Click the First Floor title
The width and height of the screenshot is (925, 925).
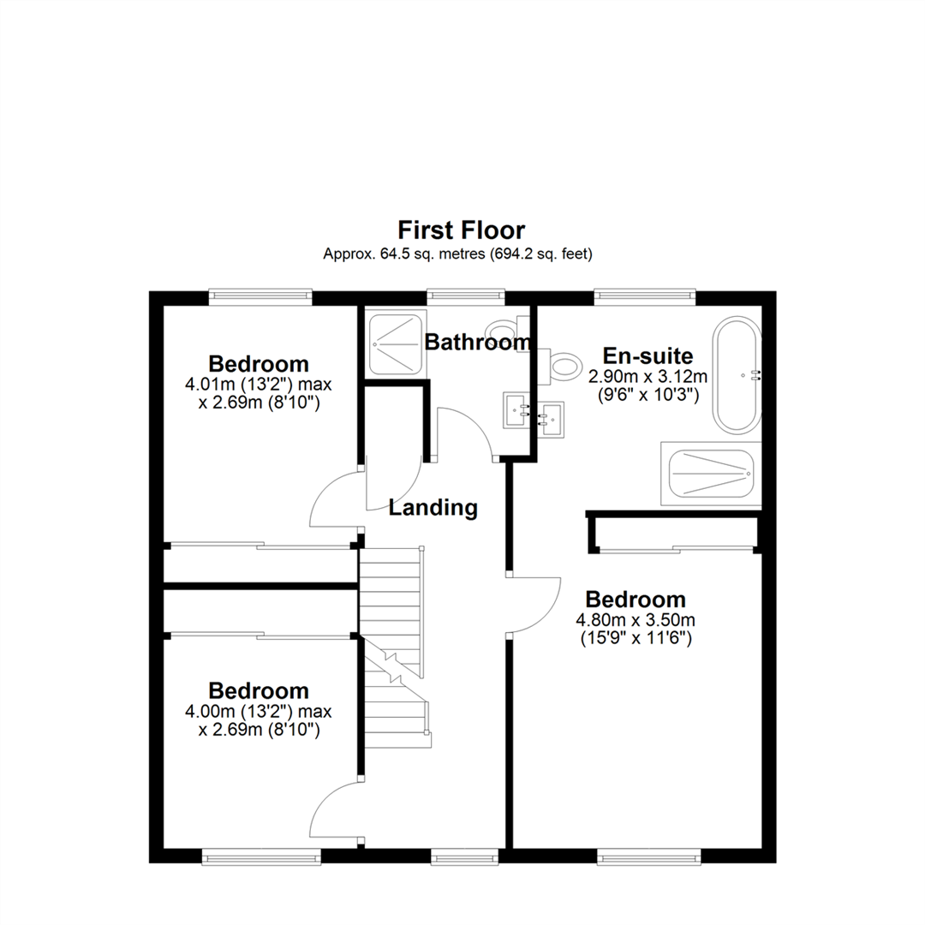point(461,230)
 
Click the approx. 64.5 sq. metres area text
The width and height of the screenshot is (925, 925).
point(457,254)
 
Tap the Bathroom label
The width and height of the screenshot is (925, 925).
point(478,343)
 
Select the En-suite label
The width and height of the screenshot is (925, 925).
point(647,355)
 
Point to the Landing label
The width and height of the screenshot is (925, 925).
point(433,507)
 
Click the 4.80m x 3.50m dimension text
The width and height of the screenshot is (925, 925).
point(635,619)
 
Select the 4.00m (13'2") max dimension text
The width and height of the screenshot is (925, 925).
point(259,710)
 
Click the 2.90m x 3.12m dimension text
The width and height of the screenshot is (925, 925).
point(647,376)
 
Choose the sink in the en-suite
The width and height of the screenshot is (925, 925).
point(552,419)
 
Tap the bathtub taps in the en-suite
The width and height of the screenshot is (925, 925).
point(755,374)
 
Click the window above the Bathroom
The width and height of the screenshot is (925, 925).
point(465,296)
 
